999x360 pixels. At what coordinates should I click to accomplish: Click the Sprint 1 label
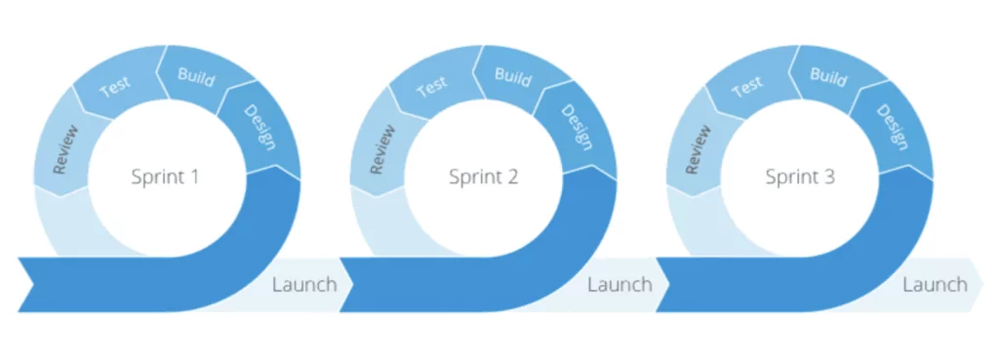point(165,178)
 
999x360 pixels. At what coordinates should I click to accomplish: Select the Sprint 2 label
point(483,178)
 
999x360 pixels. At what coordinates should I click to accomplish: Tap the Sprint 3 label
point(800,178)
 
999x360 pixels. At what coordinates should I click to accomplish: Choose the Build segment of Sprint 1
point(196,75)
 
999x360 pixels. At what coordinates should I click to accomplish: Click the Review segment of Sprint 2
point(381,147)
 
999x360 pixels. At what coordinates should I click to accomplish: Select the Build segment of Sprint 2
point(513,75)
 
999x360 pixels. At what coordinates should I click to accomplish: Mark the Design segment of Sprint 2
point(576,128)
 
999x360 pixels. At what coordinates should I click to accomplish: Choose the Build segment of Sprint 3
point(829,75)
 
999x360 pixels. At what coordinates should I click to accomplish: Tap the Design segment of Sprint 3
point(892,128)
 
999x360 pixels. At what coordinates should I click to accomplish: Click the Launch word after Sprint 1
point(304,285)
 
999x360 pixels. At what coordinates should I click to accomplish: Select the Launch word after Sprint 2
point(619,285)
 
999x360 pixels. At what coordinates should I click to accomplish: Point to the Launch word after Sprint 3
point(935,285)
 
